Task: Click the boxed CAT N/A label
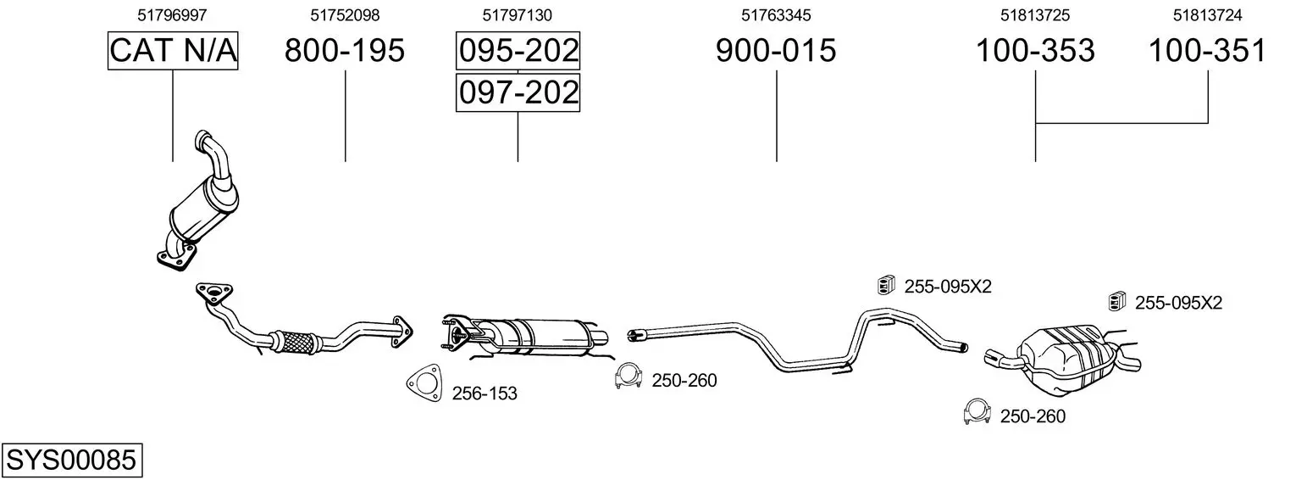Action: pos(173,50)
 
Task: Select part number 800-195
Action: pos(345,50)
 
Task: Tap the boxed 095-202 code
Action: pos(518,50)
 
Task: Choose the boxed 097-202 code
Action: pos(518,92)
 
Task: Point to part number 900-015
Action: pos(776,50)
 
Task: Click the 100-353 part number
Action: pos(1035,50)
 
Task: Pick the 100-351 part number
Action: pos(1207,50)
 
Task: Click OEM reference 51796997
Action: pos(172,15)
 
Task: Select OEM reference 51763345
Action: pos(776,15)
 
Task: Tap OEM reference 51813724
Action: pos(1207,15)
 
